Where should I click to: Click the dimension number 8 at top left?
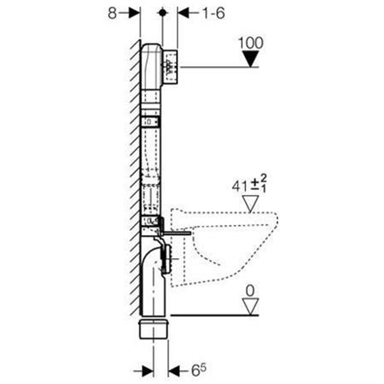click(112, 13)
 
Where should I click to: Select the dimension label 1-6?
click(214, 13)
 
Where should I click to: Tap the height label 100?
click(250, 43)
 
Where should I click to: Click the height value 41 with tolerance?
click(250, 184)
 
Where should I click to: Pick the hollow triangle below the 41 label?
click(250, 204)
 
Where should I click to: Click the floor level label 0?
click(250, 291)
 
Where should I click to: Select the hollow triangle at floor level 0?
click(250, 306)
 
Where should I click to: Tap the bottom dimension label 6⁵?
click(198, 370)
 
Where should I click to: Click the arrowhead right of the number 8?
click(134, 13)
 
